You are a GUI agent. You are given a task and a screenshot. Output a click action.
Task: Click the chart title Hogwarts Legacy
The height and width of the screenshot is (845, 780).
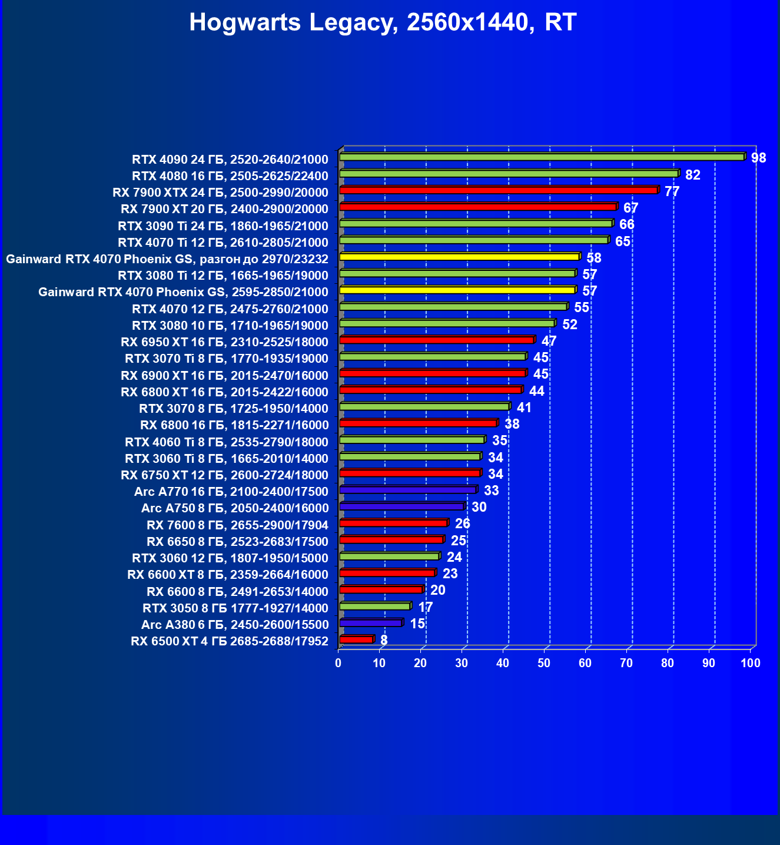click(383, 23)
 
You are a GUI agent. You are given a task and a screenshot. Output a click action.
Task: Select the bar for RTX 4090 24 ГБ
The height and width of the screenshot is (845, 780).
click(542, 157)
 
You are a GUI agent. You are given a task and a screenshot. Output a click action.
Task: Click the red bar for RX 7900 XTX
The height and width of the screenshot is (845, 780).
click(498, 190)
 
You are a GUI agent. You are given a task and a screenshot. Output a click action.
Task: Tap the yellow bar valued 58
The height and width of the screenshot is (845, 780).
click(459, 257)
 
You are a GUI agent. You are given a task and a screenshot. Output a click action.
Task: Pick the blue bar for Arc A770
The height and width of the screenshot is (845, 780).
click(407, 490)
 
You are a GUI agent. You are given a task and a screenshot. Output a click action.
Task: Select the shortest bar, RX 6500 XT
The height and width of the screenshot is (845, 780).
click(356, 639)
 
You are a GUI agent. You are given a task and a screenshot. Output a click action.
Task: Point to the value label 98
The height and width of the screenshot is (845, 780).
click(758, 158)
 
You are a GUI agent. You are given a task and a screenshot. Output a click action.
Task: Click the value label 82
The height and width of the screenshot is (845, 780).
click(692, 175)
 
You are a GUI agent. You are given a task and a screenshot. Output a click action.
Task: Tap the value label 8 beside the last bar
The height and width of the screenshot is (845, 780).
click(384, 640)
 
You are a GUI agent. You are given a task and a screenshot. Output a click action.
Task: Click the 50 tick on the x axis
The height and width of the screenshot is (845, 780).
click(544, 663)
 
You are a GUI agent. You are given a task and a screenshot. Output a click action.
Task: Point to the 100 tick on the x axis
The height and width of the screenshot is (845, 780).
click(750, 663)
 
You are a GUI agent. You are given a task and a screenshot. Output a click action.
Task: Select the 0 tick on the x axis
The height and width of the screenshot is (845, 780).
click(338, 663)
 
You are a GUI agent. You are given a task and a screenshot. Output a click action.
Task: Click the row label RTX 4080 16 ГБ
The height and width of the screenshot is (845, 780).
click(230, 175)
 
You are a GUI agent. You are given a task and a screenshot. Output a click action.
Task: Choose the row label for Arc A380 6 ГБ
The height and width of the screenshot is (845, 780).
click(234, 624)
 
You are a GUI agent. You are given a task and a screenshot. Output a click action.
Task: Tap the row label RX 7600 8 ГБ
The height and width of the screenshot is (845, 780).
click(237, 525)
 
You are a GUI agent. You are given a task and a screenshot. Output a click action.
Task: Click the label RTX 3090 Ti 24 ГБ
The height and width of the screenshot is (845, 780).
click(223, 226)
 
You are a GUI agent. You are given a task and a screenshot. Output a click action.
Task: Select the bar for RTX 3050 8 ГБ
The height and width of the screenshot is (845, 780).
click(374, 607)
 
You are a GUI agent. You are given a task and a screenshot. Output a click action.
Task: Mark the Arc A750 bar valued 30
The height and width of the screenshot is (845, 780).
click(401, 506)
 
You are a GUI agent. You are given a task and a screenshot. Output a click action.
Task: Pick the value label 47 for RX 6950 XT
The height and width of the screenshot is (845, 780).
click(549, 342)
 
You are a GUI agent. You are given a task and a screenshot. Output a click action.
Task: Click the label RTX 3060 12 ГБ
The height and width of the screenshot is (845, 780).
click(230, 558)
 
